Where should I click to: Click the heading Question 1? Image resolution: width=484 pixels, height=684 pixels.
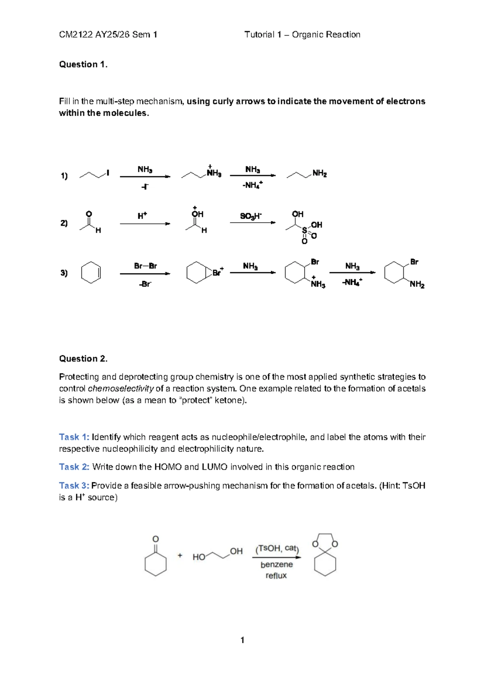(83, 65)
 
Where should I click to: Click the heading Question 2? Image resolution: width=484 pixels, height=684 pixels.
(83, 359)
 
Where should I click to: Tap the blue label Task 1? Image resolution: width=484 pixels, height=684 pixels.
(74, 437)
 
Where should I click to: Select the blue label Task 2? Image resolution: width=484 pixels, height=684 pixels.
(74, 467)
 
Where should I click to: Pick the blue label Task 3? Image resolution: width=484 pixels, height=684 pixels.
(74, 486)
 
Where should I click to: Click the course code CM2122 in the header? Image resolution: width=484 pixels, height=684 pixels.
(76, 35)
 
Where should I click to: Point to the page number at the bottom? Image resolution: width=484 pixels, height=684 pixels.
(242, 640)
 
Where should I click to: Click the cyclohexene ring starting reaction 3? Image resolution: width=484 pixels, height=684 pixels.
(91, 273)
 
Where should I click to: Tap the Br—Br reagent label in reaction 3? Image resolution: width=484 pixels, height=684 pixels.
(145, 266)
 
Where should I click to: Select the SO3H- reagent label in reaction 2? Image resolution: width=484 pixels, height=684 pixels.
(251, 216)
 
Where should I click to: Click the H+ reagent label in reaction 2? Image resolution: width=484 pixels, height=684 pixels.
(142, 216)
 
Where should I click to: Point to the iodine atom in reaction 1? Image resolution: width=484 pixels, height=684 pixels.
(108, 173)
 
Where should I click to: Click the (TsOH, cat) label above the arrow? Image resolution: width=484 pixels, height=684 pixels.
(277, 548)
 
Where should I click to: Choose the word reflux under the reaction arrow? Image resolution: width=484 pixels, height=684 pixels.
(276, 576)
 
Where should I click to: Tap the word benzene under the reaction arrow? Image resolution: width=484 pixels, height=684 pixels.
(276, 565)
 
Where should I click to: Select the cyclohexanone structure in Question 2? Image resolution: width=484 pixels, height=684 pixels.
(155, 559)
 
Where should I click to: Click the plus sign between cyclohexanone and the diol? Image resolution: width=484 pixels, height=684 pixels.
(180, 555)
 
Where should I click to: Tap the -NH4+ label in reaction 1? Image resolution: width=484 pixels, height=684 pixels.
(252, 186)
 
